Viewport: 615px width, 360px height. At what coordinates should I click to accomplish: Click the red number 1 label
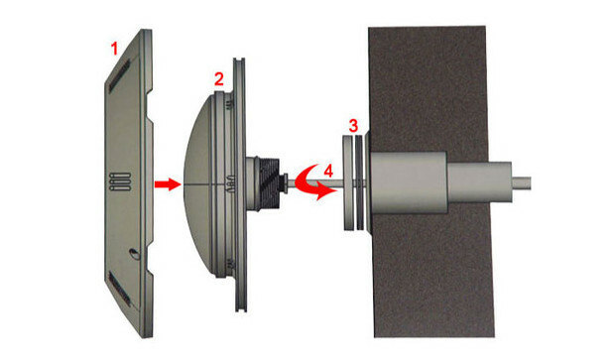pyautogui.click(x=114, y=49)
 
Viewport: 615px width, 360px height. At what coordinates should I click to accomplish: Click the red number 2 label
pyautogui.click(x=219, y=79)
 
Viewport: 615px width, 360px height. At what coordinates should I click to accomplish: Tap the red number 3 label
pyautogui.click(x=353, y=126)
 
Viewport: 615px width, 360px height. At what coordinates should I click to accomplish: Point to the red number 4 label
pyautogui.click(x=328, y=171)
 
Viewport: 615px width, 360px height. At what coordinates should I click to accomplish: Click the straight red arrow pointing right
pyautogui.click(x=168, y=183)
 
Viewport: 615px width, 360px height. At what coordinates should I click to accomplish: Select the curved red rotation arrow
pyautogui.click(x=311, y=183)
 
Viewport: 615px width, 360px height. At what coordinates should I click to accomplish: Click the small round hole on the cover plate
pyautogui.click(x=134, y=254)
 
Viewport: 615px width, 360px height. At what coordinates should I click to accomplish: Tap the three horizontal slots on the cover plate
pyautogui.click(x=120, y=181)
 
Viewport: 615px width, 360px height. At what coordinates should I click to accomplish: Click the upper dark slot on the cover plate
pyautogui.click(x=120, y=75)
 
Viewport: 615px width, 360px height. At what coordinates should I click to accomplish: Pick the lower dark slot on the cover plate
pyautogui.click(x=119, y=290)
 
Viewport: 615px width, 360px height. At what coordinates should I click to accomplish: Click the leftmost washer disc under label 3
pyautogui.click(x=348, y=182)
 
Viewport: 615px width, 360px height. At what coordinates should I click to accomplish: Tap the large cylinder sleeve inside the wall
pyautogui.click(x=409, y=182)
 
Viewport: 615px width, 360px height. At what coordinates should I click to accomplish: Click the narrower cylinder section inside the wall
pyautogui.click(x=479, y=182)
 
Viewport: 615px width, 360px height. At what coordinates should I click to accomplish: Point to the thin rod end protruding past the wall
pyautogui.click(x=522, y=183)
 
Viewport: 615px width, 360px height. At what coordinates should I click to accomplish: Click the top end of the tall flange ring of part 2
pyautogui.click(x=239, y=60)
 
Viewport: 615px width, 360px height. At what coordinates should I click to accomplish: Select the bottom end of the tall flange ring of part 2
pyautogui.click(x=241, y=310)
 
